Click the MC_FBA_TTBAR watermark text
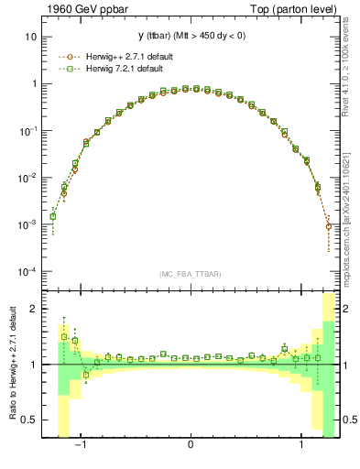190,274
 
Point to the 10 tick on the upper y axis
31,37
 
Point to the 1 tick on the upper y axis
34,83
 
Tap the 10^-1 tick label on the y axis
28,130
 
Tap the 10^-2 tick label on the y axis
28,178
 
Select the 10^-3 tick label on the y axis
28,224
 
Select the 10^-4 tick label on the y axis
28,272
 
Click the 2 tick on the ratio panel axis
34,309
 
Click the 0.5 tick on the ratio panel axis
30,420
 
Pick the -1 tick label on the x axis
81,448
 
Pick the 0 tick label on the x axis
190,448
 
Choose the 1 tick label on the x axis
299,448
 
